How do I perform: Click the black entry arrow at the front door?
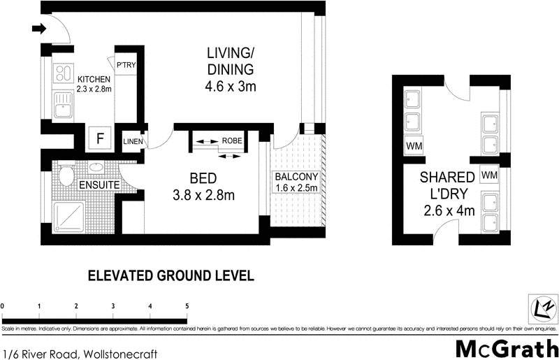click(x=39, y=29)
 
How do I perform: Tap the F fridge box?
click(x=99, y=138)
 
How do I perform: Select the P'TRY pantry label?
click(x=126, y=65)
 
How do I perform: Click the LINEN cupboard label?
click(x=133, y=142)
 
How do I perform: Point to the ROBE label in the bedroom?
click(x=232, y=141)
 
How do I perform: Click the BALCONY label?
click(x=296, y=176)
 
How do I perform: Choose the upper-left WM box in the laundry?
click(x=414, y=146)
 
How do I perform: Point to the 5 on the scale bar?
click(x=187, y=305)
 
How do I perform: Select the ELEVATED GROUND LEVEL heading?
click(x=170, y=275)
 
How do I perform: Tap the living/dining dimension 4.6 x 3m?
click(x=231, y=87)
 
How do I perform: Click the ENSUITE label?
click(x=97, y=186)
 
